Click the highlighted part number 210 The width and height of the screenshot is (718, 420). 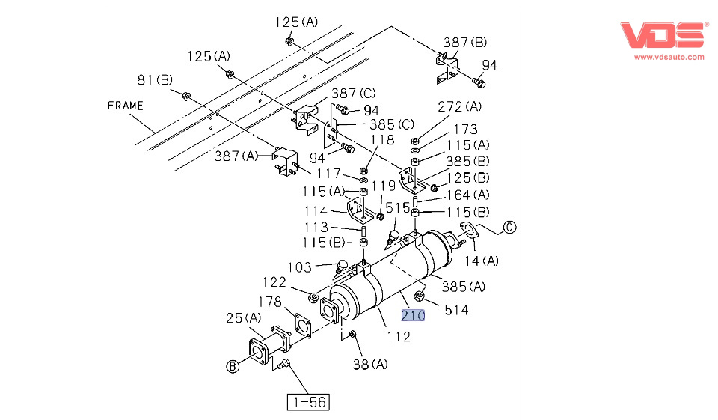point(413,315)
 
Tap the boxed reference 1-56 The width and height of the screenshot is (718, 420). point(308,402)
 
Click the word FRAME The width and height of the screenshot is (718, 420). point(125,106)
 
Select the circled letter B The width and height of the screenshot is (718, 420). point(233,366)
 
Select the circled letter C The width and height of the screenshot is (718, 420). point(509,228)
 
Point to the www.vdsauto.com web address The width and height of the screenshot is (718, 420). point(669,57)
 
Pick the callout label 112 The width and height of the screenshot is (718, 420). point(399,337)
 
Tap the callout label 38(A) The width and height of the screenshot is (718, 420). point(370,365)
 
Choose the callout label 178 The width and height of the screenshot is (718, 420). point(269,302)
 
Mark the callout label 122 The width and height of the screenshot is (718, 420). point(274,281)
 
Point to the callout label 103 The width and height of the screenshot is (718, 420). point(300,267)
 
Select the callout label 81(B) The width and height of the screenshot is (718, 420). point(155,79)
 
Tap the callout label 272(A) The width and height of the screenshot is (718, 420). point(459,106)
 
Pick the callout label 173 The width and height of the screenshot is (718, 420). point(464,129)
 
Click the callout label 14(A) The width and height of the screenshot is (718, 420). point(482,261)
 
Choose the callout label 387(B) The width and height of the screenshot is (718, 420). point(464,43)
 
